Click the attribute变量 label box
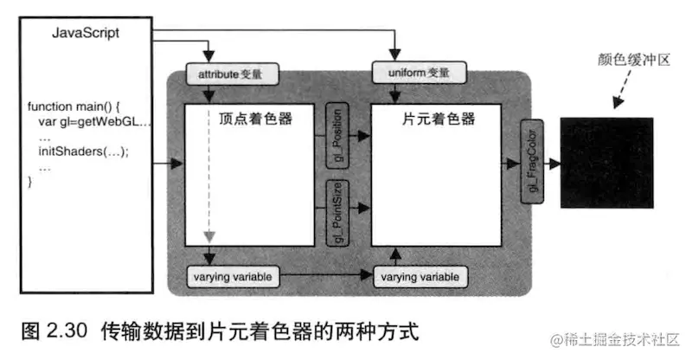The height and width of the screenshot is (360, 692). (232, 74)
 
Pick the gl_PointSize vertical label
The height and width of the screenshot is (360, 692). (337, 210)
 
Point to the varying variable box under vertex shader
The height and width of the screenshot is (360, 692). (232, 277)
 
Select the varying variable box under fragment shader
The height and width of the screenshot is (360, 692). (420, 277)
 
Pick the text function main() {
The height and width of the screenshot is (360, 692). (76, 106)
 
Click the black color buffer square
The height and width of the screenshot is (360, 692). (615, 162)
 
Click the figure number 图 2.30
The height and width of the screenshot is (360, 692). (49, 330)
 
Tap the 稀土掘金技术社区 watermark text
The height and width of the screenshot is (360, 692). (620, 342)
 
